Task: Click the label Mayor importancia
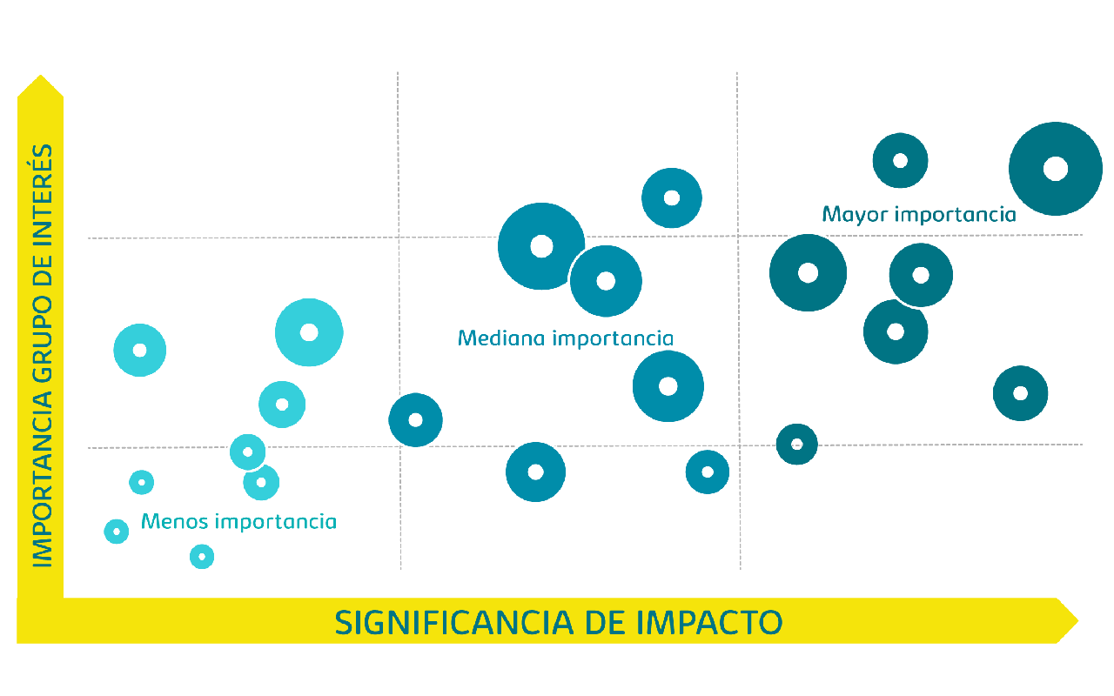click(919, 215)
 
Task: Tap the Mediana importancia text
click(566, 338)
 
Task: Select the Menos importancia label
click(238, 521)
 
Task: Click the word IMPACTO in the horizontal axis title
click(709, 622)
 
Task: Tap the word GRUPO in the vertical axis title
click(43, 338)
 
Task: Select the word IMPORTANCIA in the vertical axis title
click(43, 478)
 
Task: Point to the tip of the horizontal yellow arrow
click(1077, 621)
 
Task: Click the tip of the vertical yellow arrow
click(40, 76)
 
